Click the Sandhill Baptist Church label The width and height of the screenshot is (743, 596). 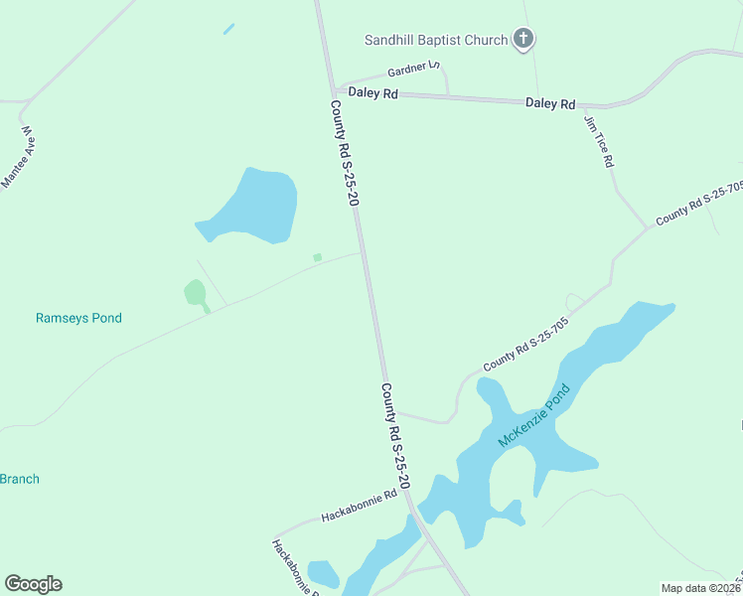click(x=436, y=41)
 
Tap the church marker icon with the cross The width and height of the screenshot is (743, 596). click(x=523, y=40)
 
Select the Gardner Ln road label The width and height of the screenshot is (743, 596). click(x=414, y=70)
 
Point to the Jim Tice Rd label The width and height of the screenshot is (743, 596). click(x=599, y=142)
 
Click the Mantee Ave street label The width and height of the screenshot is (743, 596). click(x=19, y=157)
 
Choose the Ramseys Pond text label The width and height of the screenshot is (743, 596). click(x=78, y=318)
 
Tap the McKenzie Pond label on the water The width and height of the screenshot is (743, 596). click(x=536, y=415)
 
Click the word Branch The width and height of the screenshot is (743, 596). click(x=20, y=479)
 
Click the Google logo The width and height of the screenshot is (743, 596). click(x=33, y=584)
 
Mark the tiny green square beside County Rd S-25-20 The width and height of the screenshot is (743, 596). click(x=317, y=257)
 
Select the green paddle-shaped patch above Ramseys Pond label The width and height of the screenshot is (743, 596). click(x=195, y=293)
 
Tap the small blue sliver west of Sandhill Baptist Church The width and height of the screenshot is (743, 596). click(x=229, y=29)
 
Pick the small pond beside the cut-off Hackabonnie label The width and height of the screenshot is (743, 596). click(x=323, y=574)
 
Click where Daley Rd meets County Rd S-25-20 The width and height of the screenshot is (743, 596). click(x=337, y=91)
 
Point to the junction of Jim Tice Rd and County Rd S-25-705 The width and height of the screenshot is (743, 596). click(x=650, y=227)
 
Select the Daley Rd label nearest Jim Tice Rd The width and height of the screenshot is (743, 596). click(x=550, y=103)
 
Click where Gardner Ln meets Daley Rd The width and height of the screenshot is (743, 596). click(x=448, y=95)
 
